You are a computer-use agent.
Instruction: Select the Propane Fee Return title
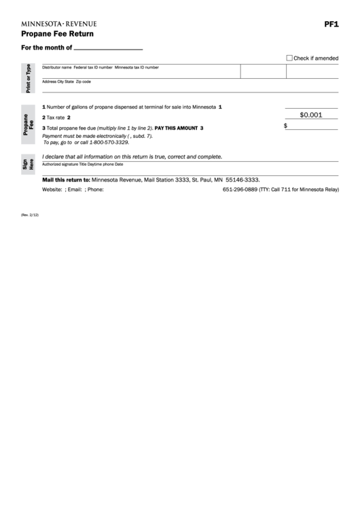tap(57, 33)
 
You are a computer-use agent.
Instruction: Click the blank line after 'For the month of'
tap(108, 50)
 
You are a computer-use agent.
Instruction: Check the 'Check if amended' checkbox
tap(289, 58)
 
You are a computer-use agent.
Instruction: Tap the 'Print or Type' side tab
tap(28, 78)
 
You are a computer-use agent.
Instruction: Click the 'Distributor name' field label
tap(57, 68)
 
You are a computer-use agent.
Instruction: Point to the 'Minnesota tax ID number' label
tap(137, 68)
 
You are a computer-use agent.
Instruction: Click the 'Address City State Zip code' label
tap(66, 82)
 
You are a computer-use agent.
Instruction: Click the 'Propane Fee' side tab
tap(28, 124)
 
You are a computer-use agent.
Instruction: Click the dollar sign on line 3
tap(285, 126)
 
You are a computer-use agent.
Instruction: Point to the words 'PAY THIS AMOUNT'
tap(177, 128)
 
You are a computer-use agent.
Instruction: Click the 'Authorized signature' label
tap(60, 164)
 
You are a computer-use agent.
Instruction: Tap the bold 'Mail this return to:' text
tap(66, 179)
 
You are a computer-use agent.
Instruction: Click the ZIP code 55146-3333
tap(242, 179)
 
